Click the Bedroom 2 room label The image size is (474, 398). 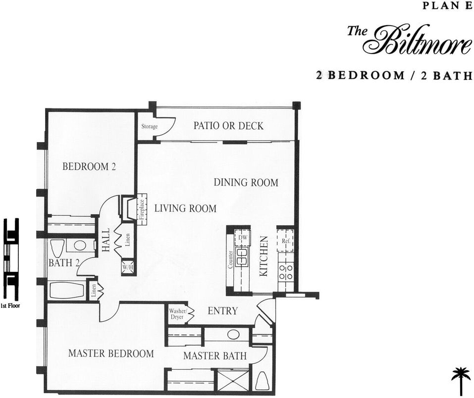pyautogui.click(x=89, y=167)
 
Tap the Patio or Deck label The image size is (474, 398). pyautogui.click(x=228, y=126)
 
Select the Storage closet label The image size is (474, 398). pyautogui.click(x=149, y=127)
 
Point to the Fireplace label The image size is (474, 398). pyautogui.click(x=142, y=209)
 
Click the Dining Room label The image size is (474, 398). pyautogui.click(x=246, y=183)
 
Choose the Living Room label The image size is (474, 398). pyautogui.click(x=185, y=208)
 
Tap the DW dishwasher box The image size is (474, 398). pyautogui.click(x=242, y=238)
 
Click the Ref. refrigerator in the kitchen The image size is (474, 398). pyautogui.click(x=285, y=241)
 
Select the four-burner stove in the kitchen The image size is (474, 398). pyautogui.click(x=286, y=271)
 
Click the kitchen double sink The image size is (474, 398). pyautogui.click(x=242, y=257)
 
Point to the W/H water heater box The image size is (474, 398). pyautogui.click(x=128, y=267)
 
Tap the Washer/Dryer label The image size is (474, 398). pyautogui.click(x=177, y=314)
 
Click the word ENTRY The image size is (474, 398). pyautogui.click(x=222, y=311)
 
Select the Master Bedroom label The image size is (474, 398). pyautogui.click(x=111, y=353)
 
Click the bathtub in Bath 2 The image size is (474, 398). pyautogui.click(x=67, y=291)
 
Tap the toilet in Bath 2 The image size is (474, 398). pyautogui.click(x=57, y=248)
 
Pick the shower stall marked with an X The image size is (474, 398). pyautogui.click(x=232, y=380)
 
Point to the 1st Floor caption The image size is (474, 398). pyautogui.click(x=10, y=306)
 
